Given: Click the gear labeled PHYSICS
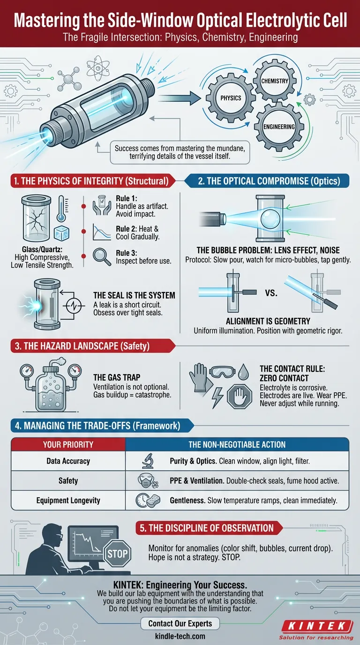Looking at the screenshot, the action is tap(231, 98).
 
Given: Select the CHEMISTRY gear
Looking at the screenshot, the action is tap(275, 81).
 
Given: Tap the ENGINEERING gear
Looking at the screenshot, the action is tap(279, 127).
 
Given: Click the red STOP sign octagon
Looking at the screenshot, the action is tap(117, 554).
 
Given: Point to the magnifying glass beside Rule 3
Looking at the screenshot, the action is tap(102, 256).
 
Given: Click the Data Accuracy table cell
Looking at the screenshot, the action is tap(68, 461).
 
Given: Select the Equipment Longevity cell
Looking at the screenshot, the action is tap(68, 500).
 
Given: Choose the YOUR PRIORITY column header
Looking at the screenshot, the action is tap(68, 444).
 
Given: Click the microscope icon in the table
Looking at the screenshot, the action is tap(148, 461).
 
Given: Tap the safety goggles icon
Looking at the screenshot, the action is tap(222, 372).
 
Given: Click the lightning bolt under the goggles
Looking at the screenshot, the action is tap(217, 397).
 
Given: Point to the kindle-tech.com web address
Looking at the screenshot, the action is tap(180, 636).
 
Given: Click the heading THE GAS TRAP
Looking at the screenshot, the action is tap(117, 377).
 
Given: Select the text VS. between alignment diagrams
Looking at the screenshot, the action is tap(271, 293).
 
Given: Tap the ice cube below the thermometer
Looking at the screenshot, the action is tap(61, 233).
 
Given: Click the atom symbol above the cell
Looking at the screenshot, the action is tap(98, 68).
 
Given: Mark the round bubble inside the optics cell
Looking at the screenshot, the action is tap(270, 218).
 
